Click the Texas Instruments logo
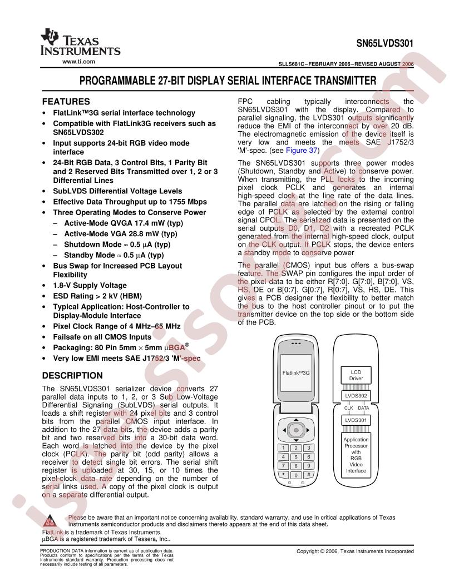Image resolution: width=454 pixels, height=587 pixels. (x=80, y=42)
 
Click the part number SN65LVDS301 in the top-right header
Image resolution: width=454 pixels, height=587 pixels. (x=384, y=43)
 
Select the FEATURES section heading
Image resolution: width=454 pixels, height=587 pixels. (x=66, y=102)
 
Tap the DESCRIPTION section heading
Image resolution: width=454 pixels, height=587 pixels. (x=72, y=375)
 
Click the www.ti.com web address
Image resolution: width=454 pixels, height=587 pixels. (x=78, y=62)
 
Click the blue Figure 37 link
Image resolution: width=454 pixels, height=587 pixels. (x=302, y=151)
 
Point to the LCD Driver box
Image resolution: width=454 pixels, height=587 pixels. (x=356, y=375)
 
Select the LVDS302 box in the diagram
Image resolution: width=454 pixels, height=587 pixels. (x=356, y=396)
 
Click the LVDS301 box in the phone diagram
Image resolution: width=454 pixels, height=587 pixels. (x=356, y=420)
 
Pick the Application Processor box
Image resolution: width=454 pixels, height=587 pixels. (x=356, y=455)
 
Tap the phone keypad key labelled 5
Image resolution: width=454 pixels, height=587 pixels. (x=296, y=457)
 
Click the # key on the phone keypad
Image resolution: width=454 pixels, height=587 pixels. (x=308, y=475)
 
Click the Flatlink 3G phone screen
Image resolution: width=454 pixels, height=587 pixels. (x=296, y=373)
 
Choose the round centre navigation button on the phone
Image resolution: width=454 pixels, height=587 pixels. (x=296, y=430)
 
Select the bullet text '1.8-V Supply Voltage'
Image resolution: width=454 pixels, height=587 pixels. (x=90, y=285)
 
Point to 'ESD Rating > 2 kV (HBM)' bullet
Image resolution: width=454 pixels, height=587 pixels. (x=97, y=296)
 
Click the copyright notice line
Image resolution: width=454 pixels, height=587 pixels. (x=355, y=551)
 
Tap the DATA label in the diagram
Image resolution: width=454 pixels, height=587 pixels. (x=363, y=408)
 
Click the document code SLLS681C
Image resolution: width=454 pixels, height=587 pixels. (x=290, y=64)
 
